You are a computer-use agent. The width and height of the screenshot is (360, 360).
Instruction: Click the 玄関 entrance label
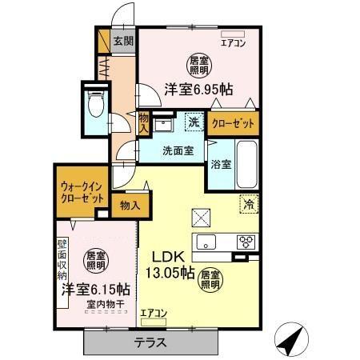pos(122,40)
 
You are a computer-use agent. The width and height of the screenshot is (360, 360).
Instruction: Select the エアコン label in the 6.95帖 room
pos(234,43)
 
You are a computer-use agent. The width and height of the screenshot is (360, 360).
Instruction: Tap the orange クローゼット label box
pos(234,123)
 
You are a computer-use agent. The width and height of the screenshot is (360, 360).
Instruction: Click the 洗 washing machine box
pos(193,122)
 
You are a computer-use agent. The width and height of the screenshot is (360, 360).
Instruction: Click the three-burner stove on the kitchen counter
pos(246,243)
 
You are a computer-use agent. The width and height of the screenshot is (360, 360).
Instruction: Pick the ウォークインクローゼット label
pos(82,193)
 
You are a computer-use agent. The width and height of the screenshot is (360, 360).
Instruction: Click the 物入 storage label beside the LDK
pos(130,205)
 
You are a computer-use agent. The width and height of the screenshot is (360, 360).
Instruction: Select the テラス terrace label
pos(150,343)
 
